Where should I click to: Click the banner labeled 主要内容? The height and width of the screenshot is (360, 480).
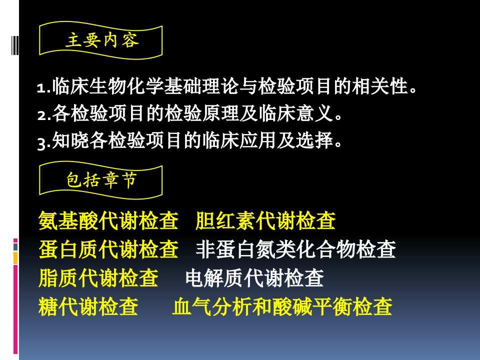pyautogui.click(x=101, y=40)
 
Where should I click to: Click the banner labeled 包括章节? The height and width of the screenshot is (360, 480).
pyautogui.click(x=101, y=180)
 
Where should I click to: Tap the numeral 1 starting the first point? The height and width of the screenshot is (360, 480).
pyautogui.click(x=41, y=89)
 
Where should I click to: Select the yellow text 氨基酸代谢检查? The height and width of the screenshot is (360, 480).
pyautogui.click(x=108, y=220)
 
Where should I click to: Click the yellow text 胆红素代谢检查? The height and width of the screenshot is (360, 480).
pyautogui.click(x=265, y=220)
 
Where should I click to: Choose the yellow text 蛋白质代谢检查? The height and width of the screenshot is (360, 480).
pyautogui.click(x=108, y=249)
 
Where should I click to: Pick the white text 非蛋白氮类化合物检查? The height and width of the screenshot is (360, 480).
pyautogui.click(x=295, y=249)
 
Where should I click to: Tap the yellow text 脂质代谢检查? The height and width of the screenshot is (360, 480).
pyautogui.click(x=98, y=278)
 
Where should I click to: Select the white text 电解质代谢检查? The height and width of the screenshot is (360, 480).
pyautogui.click(x=254, y=278)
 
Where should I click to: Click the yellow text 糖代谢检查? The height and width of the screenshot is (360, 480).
pyautogui.click(x=88, y=306)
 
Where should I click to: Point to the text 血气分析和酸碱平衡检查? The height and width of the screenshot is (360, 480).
pyautogui.click(x=282, y=306)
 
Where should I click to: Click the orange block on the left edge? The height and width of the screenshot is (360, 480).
pyautogui.click(x=15, y=258)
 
